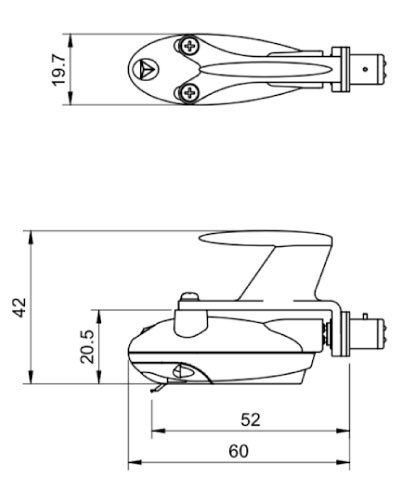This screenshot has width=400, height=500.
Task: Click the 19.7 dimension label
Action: pyautogui.click(x=59, y=70)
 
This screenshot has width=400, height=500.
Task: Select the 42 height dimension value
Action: pyautogui.click(x=19, y=308)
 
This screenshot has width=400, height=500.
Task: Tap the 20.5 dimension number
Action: pyautogui.click(x=87, y=347)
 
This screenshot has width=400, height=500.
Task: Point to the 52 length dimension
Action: pyautogui.click(x=250, y=420)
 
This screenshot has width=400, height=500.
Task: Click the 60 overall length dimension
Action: pyautogui.click(x=239, y=451)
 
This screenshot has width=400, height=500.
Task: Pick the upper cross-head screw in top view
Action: pyautogui.click(x=189, y=46)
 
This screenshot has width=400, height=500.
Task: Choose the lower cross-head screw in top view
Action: pyautogui.click(x=189, y=93)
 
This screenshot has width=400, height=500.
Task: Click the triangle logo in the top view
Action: pyautogui.click(x=145, y=69)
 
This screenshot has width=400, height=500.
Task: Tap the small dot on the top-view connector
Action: pyautogui.click(x=365, y=69)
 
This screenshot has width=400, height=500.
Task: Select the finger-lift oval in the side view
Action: pyautogui.click(x=266, y=239)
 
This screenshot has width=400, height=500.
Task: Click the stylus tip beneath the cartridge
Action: pyautogui.click(x=153, y=390)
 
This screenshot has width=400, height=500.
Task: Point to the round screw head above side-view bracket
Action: pyautogui.click(x=189, y=296)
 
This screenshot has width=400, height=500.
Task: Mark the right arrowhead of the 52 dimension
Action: pyautogui.click(x=343, y=431)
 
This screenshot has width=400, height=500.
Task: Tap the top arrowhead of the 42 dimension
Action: pyautogui.click(x=31, y=238)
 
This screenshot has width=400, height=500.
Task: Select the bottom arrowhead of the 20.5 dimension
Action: pyautogui.click(x=99, y=377)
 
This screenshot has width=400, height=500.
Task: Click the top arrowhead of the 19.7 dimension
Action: pyautogui.click(x=70, y=41)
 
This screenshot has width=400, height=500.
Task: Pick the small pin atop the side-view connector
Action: pyautogui.click(x=365, y=316)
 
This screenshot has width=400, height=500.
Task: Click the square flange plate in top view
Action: pyautogui.click(x=340, y=69)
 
